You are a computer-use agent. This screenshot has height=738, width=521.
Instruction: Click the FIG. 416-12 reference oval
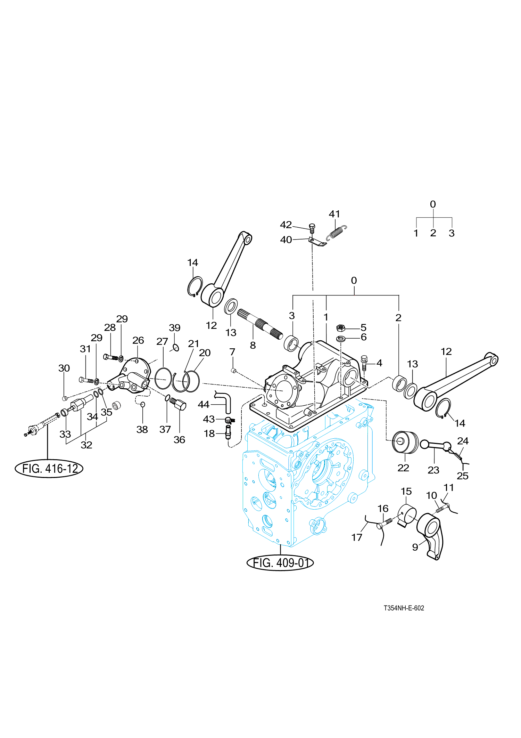(x=49, y=469)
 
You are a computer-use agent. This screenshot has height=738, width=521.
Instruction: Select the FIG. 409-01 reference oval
(x=280, y=562)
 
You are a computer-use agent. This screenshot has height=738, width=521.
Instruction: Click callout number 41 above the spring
(x=334, y=214)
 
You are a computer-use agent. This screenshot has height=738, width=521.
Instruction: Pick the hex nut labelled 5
(x=341, y=328)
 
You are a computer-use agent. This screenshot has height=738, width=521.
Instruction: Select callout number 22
(x=403, y=468)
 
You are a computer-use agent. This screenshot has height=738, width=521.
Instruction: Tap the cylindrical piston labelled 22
(x=405, y=442)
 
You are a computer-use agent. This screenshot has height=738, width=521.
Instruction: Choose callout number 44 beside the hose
(x=204, y=405)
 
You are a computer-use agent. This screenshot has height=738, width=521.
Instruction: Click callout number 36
(x=179, y=440)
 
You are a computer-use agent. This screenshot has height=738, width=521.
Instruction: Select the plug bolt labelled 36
(x=179, y=404)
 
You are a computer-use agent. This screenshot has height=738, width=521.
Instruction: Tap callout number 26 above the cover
(x=138, y=340)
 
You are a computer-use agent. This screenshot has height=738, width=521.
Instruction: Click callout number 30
(x=64, y=368)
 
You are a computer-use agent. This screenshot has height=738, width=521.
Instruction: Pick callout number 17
(x=357, y=537)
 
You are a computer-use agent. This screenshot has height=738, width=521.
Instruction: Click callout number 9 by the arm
(x=415, y=547)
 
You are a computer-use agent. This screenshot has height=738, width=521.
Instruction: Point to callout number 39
(x=174, y=328)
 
